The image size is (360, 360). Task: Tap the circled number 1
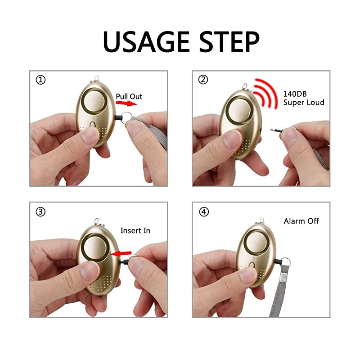pos(41,80)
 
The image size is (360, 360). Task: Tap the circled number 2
pos(203,80)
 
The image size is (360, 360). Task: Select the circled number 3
pos(41,212)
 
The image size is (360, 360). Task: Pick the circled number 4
pos(203,212)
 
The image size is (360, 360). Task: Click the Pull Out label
pos(129,96)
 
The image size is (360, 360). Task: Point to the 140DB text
pos(295,94)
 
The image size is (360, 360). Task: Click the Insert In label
pos(135,230)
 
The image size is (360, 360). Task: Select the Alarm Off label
pos(301,221)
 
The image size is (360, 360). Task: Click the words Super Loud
pos(303,103)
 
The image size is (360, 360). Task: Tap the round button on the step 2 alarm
pos(238,109)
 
